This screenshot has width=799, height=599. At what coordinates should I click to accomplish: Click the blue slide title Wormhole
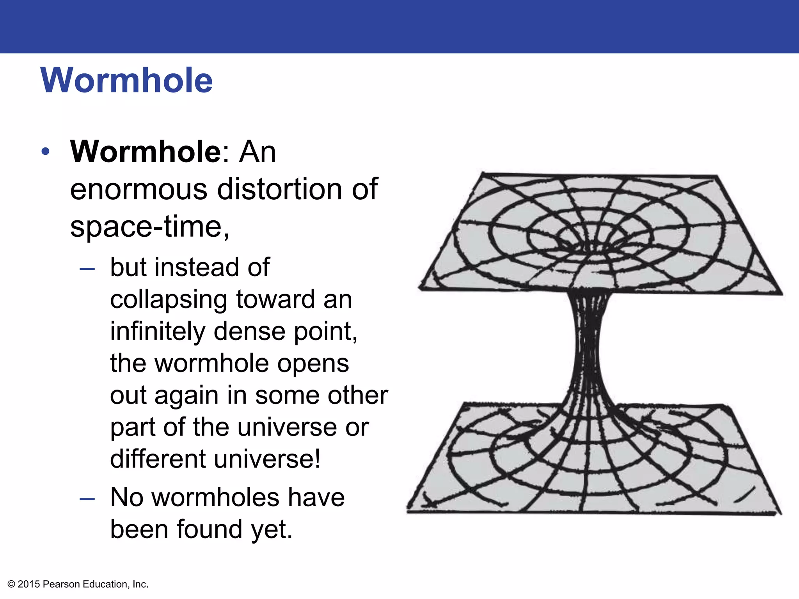pyautogui.click(x=126, y=80)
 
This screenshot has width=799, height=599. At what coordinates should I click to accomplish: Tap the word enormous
pyautogui.click(x=138, y=190)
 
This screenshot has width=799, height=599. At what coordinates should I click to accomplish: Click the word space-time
pyautogui.click(x=149, y=227)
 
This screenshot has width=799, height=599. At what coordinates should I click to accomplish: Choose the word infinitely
pyautogui.click(x=158, y=331)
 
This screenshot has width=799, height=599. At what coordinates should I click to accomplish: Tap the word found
pyautogui.click(x=209, y=530)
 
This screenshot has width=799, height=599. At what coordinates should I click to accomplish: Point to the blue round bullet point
pyautogui.click(x=46, y=152)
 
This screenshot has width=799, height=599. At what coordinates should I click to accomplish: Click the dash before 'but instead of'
pyautogui.click(x=87, y=269)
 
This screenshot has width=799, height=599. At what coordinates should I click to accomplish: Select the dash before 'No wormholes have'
pyautogui.click(x=87, y=498)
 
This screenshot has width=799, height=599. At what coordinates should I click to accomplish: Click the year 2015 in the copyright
pyautogui.click(x=29, y=584)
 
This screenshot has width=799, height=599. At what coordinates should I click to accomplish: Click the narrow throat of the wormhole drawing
pyautogui.click(x=588, y=343)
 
